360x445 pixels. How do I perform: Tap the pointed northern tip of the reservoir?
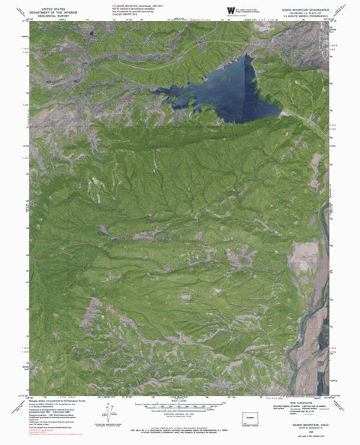(246, 58)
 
